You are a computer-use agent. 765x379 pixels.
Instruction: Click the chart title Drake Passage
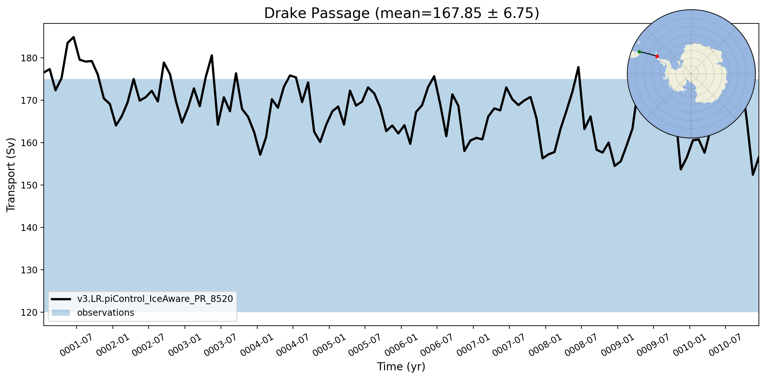[317, 13]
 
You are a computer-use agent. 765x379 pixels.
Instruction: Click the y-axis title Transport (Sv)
[11, 175]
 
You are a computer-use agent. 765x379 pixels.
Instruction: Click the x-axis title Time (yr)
[401, 366]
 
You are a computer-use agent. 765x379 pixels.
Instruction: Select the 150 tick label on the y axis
[29, 185]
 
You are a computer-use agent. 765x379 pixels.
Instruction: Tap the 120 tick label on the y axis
[29, 313]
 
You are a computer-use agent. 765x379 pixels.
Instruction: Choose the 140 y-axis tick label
[29, 228]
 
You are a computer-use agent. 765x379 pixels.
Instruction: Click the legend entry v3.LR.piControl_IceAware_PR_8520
[155, 299]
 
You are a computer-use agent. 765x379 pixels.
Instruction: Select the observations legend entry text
[105, 313]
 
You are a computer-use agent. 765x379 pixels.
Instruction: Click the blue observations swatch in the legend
[61, 313]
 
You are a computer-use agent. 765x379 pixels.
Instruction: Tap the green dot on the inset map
[639, 52]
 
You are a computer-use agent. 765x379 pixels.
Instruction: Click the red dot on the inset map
[657, 57]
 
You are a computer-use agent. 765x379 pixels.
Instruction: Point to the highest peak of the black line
[74, 37]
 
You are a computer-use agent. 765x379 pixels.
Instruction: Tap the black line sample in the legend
[61, 299]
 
